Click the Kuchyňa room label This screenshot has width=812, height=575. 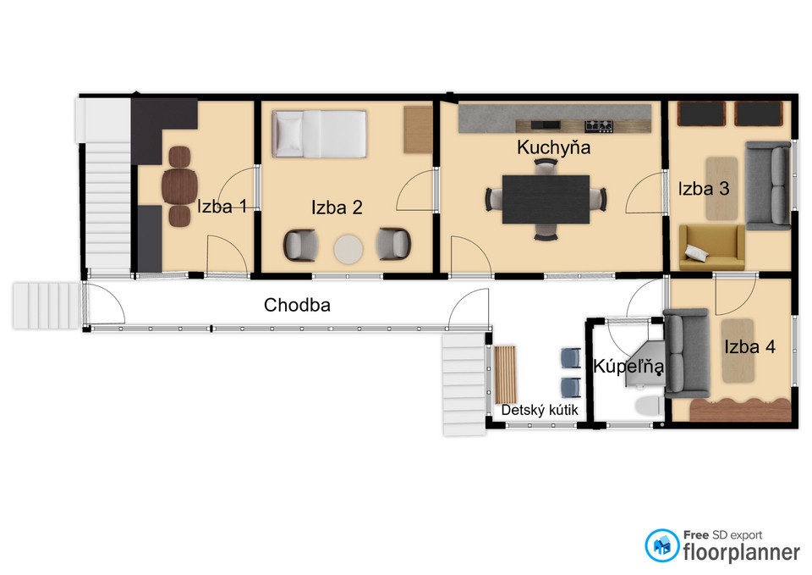[553, 147]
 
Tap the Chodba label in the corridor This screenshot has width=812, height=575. [297, 305]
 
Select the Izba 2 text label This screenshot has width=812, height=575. [337, 207]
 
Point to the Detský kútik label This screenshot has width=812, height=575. [539, 410]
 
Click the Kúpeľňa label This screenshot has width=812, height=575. [628, 366]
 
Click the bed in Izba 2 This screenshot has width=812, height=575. [320, 134]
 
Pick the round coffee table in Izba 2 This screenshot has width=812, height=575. [348, 249]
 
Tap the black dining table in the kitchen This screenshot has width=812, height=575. [546, 199]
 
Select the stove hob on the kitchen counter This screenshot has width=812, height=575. [599, 125]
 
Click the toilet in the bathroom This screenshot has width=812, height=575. [649, 406]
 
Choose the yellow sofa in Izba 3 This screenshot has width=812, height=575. [711, 247]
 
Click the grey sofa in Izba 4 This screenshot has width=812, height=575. [686, 353]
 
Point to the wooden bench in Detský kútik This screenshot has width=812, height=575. [505, 373]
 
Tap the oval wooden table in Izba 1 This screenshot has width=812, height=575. [179, 186]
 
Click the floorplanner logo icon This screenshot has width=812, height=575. [661, 545]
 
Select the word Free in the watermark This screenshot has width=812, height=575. [696, 534]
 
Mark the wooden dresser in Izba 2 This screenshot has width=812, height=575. [418, 130]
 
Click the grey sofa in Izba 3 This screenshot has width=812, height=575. [768, 185]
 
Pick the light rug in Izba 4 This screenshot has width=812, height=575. [738, 351]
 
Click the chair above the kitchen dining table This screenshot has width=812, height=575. [546, 168]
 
